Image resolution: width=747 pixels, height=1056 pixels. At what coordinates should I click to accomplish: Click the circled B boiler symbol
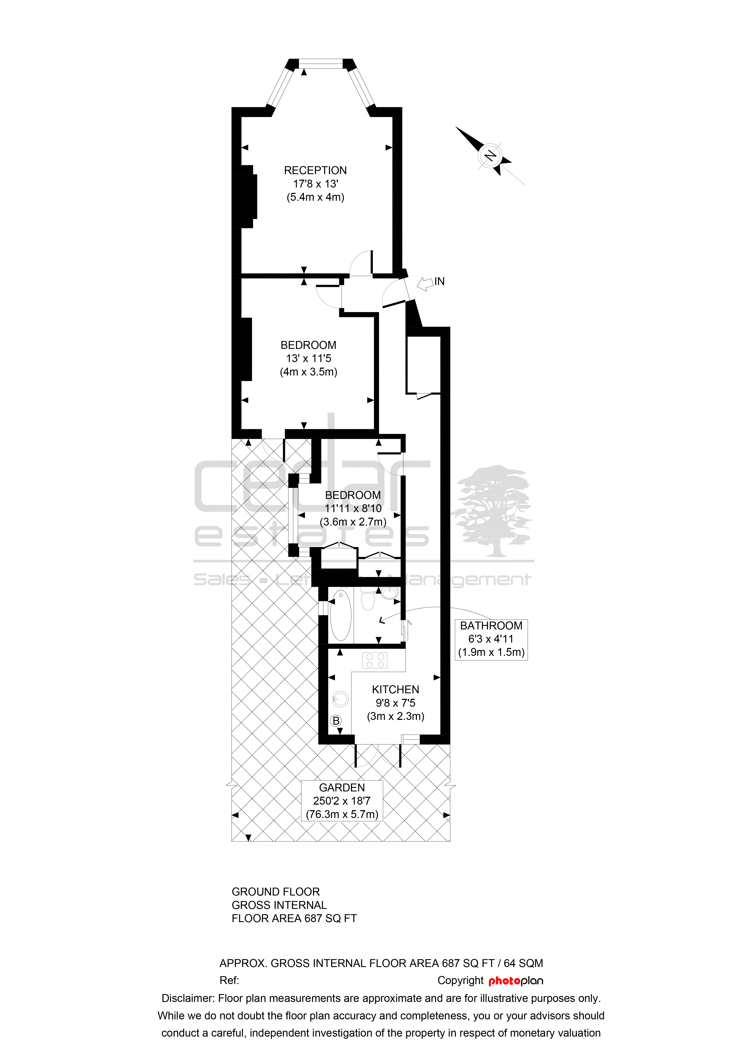click(x=336, y=721)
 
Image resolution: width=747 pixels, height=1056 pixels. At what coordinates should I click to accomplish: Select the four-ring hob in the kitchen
click(x=375, y=661)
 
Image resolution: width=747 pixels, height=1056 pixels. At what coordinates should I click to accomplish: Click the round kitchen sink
click(x=340, y=699)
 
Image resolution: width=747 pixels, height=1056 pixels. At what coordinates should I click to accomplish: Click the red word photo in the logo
click(x=504, y=981)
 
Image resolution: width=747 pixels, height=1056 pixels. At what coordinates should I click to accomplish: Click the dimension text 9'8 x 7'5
click(x=396, y=703)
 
